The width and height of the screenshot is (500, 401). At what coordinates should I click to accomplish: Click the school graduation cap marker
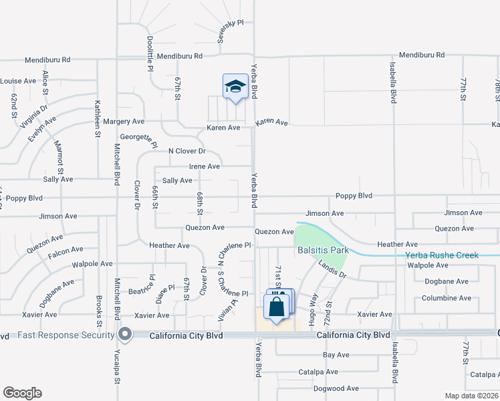click(x=235, y=87)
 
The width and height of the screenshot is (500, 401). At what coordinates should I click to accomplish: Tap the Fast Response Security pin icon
click(x=125, y=334)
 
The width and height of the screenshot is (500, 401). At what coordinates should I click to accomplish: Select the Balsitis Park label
click(x=324, y=251)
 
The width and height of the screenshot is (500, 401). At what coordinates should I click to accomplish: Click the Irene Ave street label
click(x=205, y=166)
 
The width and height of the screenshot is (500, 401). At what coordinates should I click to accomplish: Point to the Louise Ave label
click(x=18, y=81)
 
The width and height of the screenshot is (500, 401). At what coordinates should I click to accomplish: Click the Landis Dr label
click(x=332, y=269)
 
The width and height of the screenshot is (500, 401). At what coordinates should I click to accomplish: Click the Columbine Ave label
click(x=447, y=298)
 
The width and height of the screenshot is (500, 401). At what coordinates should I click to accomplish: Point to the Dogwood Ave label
click(x=336, y=388)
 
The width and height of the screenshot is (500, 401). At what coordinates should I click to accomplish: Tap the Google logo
click(x=23, y=393)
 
